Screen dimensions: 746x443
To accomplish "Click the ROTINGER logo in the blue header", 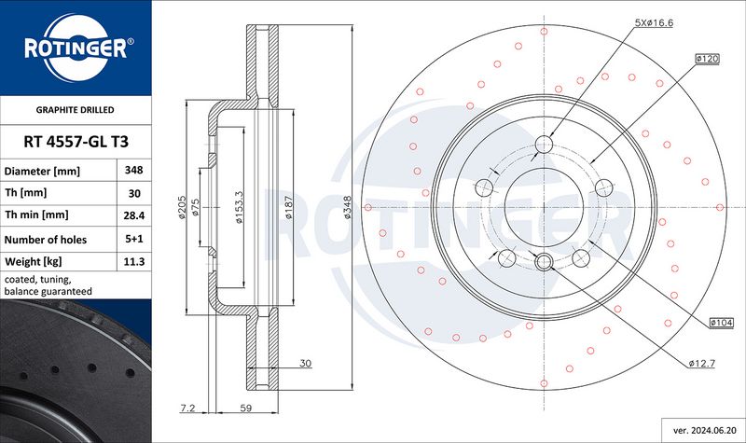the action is [x=76, y=48].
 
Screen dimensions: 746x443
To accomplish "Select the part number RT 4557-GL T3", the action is [x=76, y=142].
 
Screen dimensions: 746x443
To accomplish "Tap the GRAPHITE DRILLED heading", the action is [x=76, y=110].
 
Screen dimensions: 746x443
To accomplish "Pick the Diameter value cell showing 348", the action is [x=133, y=170].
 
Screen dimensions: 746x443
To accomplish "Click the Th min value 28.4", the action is [x=133, y=215].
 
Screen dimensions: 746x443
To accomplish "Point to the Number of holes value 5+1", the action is [x=133, y=239].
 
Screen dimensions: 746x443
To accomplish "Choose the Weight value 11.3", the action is [x=133, y=262].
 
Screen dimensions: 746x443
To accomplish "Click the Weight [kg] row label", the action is [x=33, y=262].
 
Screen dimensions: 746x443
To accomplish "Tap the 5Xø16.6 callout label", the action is [x=654, y=22].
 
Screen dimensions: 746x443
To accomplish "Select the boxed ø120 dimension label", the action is [x=707, y=59].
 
